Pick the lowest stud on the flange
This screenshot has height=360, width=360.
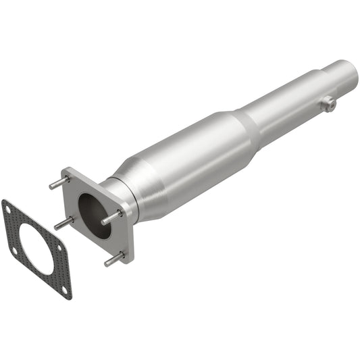(x=113, y=259)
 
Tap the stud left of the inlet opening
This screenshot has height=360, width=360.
(x=63, y=223)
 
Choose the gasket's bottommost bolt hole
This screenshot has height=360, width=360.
(x=65, y=288)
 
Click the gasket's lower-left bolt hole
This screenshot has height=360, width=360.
(x=14, y=251)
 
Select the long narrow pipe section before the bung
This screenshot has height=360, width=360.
(x=290, y=105)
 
